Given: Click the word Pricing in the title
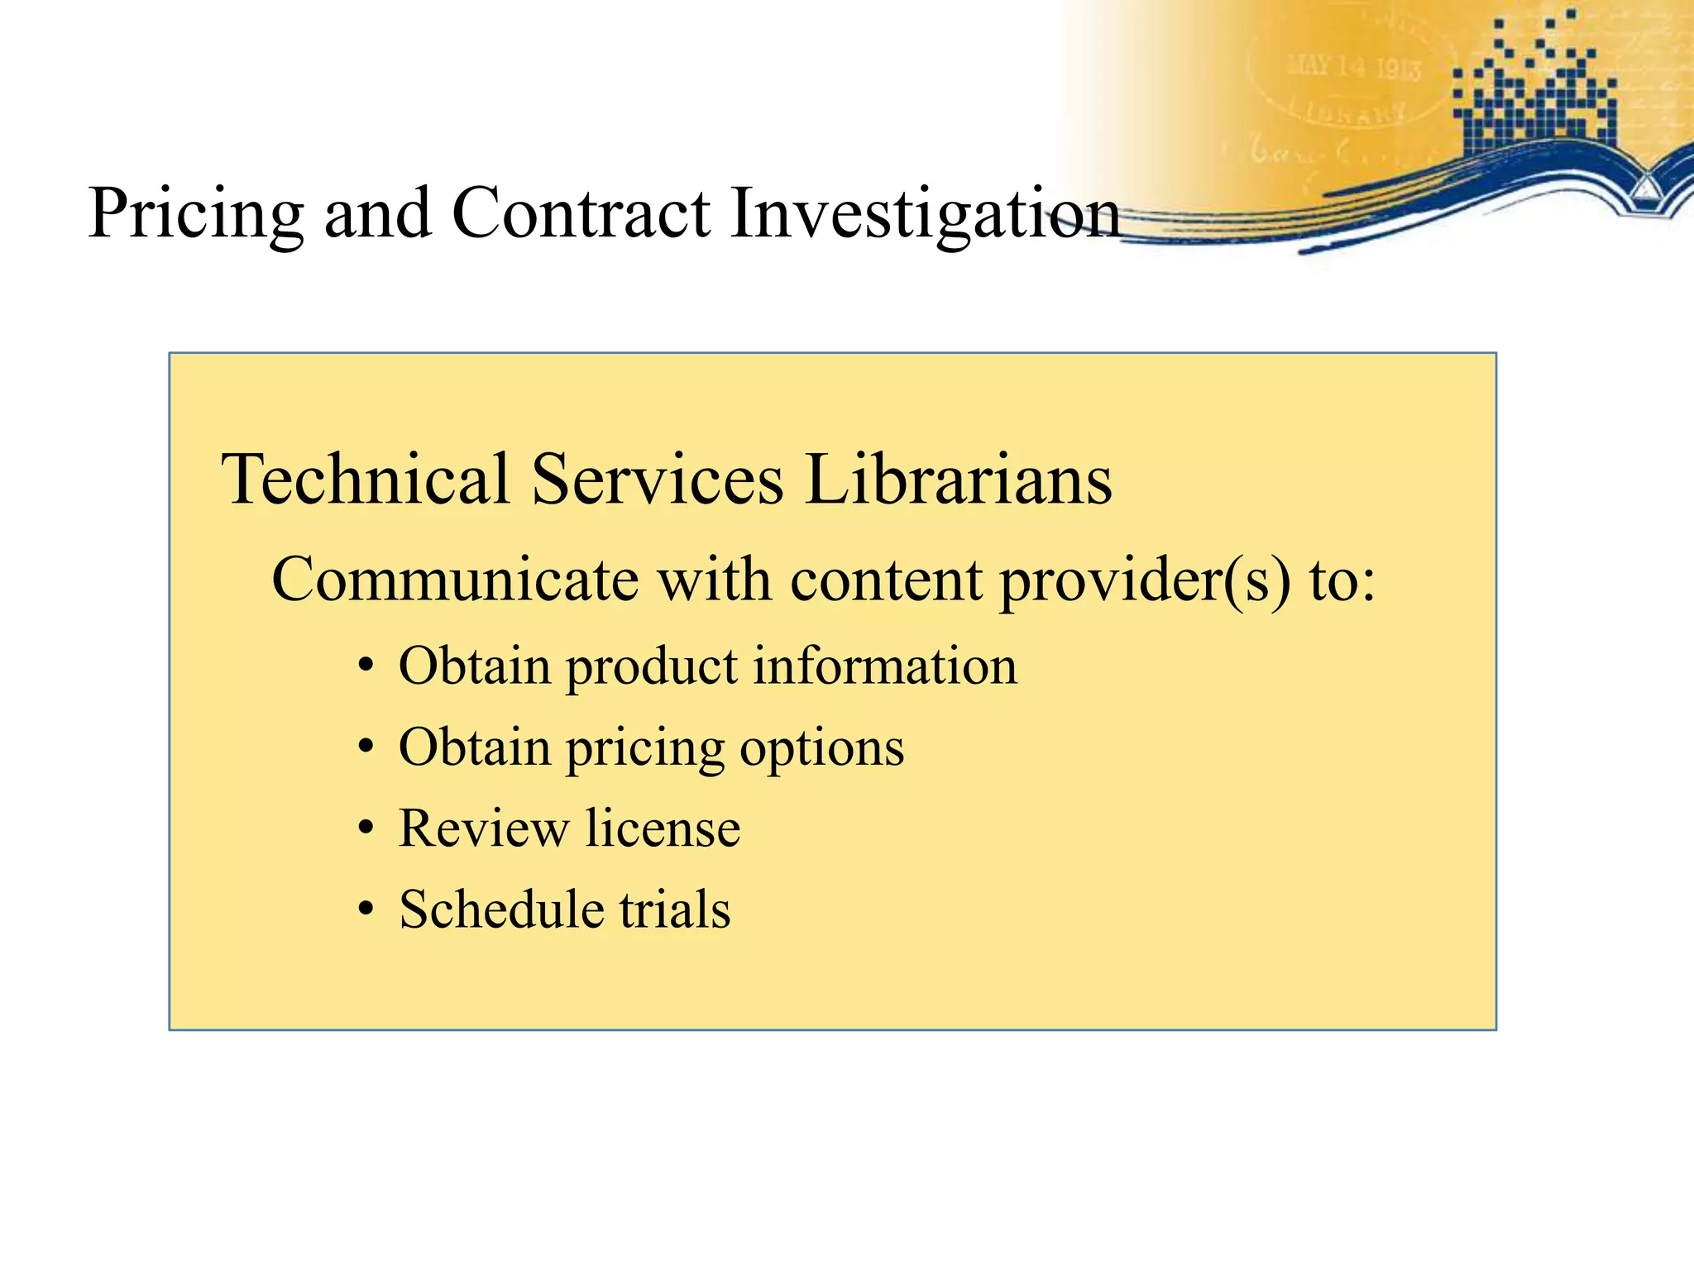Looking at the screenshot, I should coord(196,215).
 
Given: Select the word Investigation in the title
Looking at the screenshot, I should coord(925,215).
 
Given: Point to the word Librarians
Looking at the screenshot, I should coord(959,480).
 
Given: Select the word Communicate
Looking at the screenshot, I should coord(455,580).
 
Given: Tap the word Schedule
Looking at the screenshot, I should coord(500,910).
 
